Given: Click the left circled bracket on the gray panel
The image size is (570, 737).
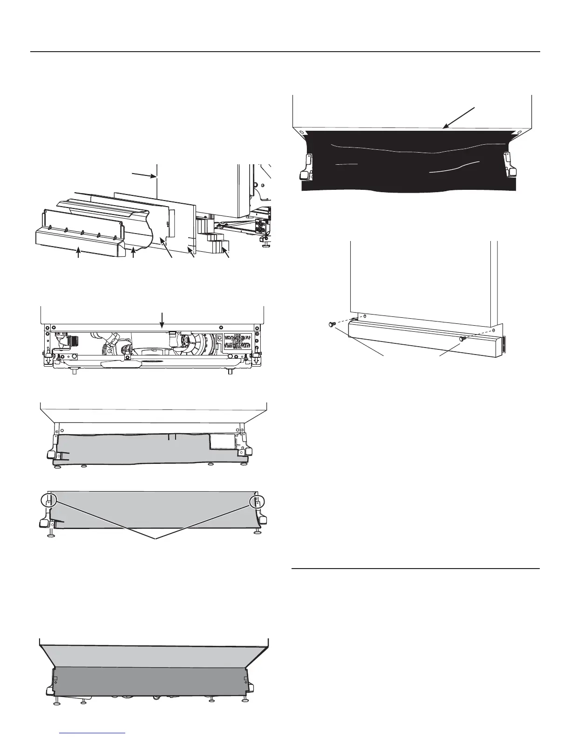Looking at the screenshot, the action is tap(48, 501).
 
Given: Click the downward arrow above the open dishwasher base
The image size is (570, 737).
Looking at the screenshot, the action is tap(162, 321).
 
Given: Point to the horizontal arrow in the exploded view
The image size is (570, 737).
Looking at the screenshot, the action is tap(144, 175).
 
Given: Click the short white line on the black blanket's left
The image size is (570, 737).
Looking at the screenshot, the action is tap(346, 164).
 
